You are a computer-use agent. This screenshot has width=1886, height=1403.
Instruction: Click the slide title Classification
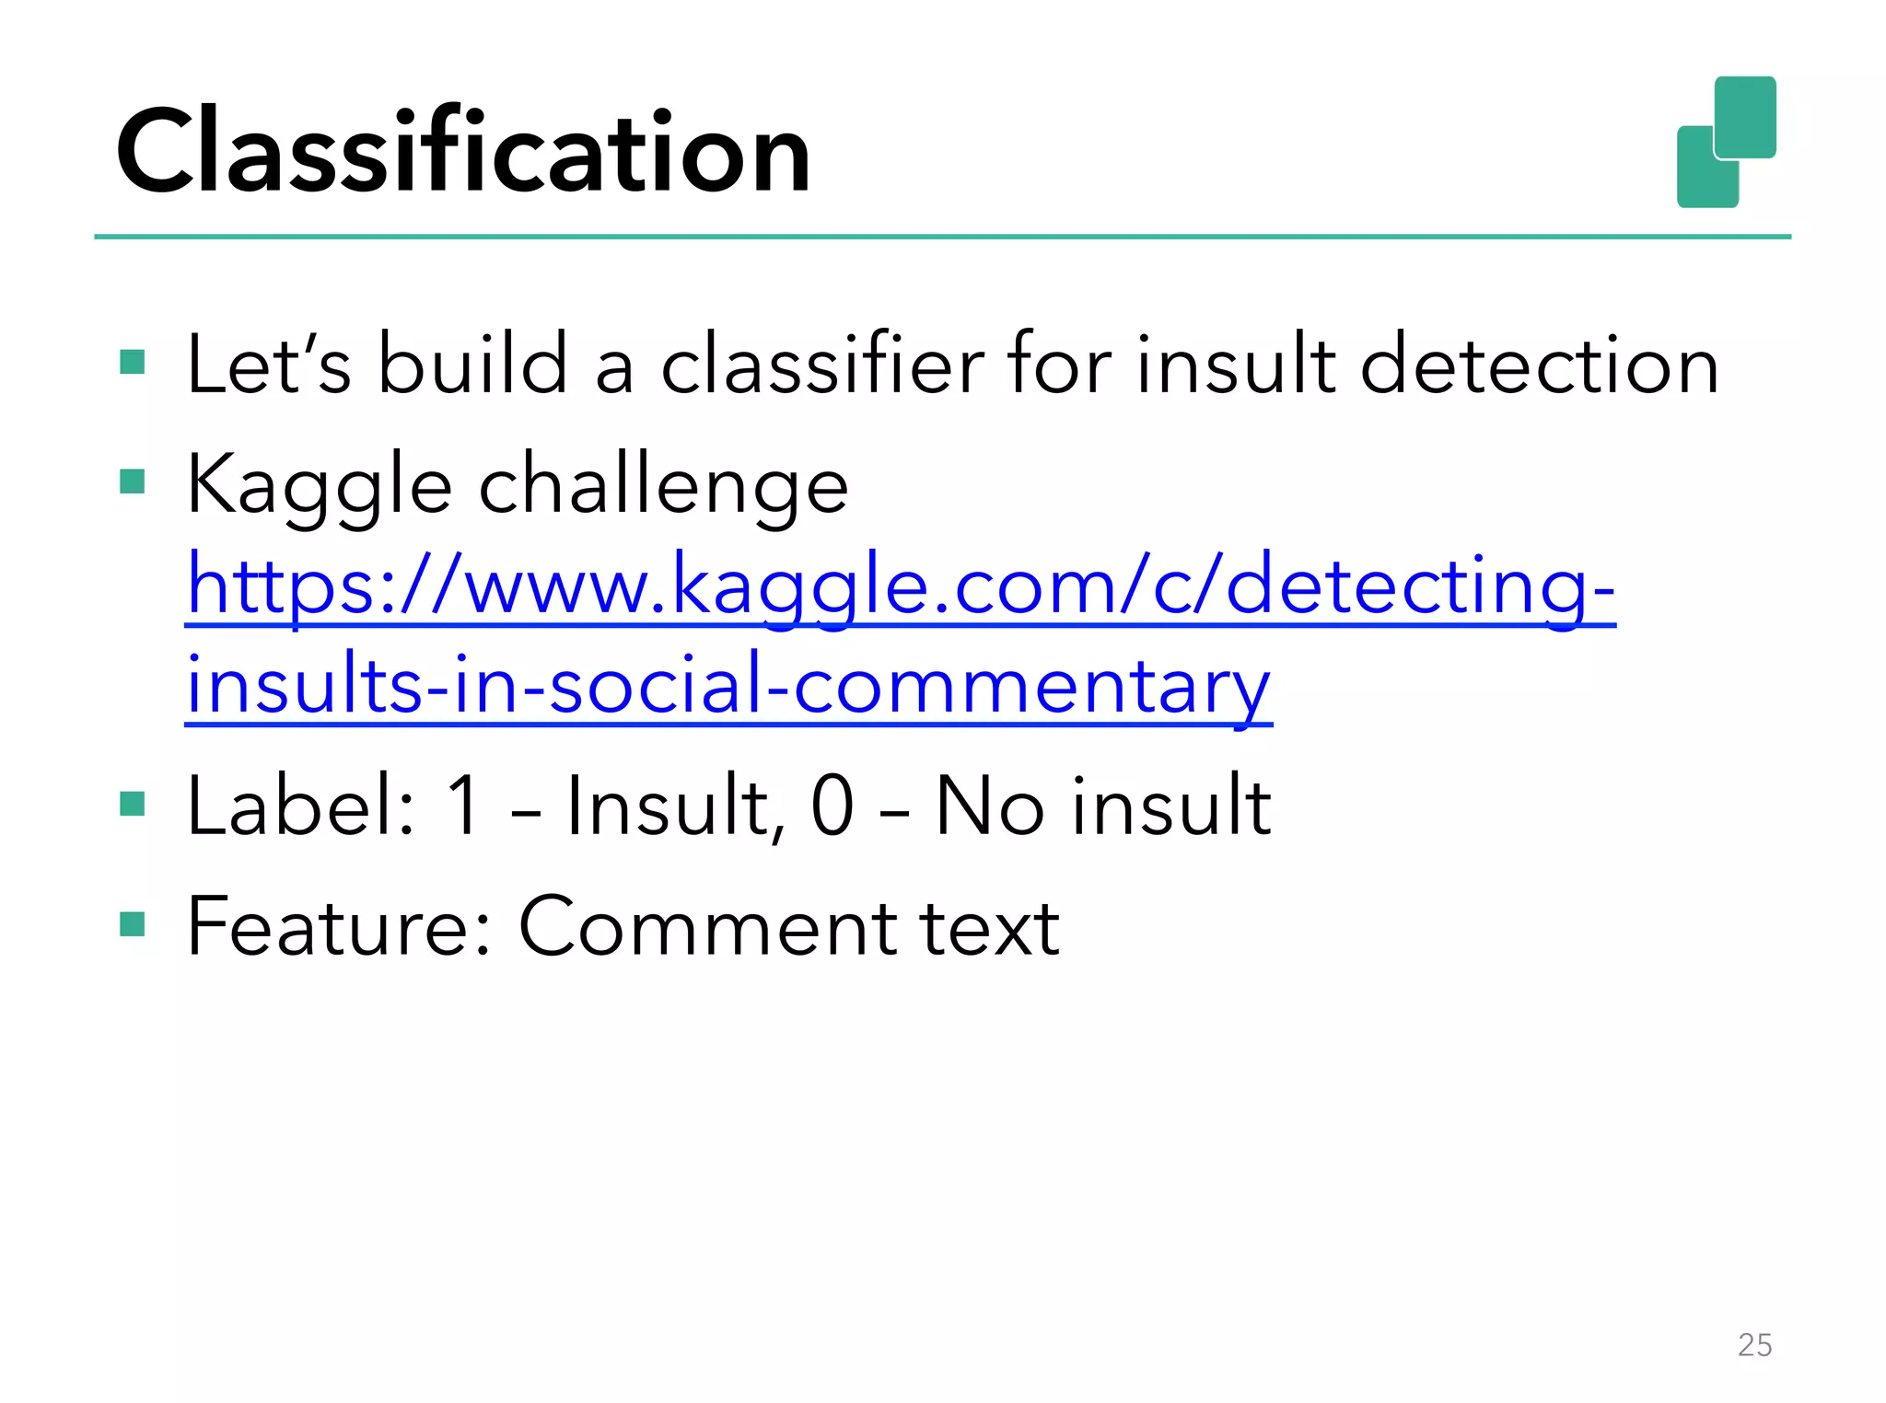[462, 152]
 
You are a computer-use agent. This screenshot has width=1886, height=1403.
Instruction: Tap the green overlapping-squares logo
[1726, 143]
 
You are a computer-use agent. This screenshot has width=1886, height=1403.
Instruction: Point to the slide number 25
[1754, 1345]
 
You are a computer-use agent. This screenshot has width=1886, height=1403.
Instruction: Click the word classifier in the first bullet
[823, 365]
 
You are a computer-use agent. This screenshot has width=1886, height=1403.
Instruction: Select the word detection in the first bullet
[1539, 365]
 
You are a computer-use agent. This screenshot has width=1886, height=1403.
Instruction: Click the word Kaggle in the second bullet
[319, 485]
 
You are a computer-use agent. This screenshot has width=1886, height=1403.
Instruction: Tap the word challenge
[663, 485]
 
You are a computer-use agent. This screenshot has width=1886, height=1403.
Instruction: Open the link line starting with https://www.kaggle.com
[901, 586]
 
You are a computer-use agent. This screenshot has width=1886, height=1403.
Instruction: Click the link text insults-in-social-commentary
[728, 686]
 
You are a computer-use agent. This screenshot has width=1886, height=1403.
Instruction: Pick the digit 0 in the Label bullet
[832, 806]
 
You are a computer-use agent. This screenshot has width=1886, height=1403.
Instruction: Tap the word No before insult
[990, 806]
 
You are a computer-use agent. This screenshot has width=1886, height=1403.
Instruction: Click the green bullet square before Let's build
[133, 362]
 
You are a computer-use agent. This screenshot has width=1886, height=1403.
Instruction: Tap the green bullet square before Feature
[133, 923]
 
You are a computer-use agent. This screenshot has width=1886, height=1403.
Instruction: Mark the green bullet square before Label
[133, 804]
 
